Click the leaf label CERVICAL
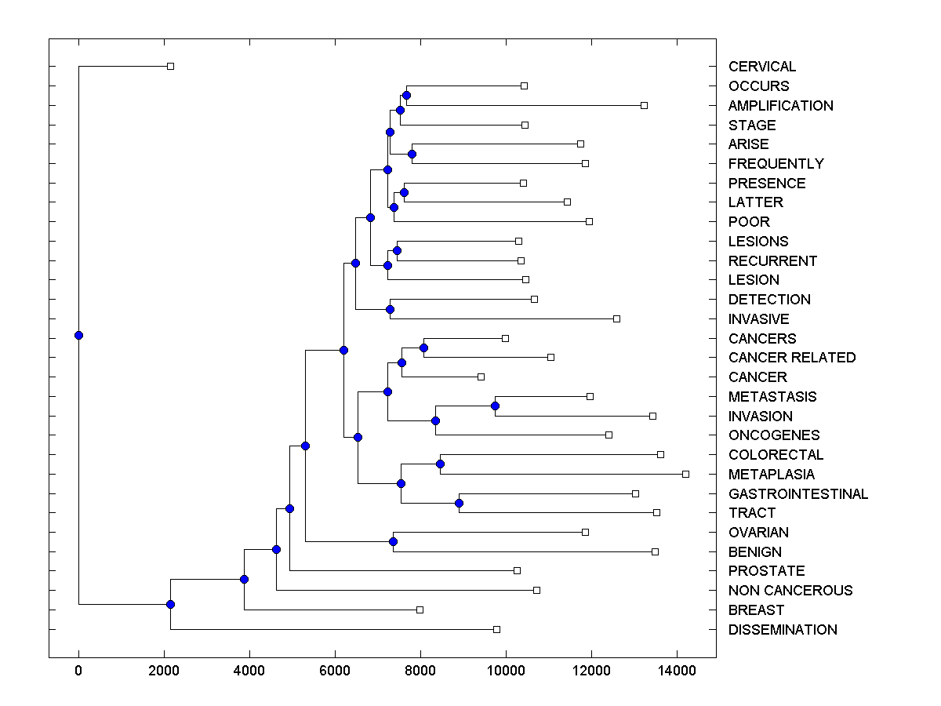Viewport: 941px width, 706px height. pyautogui.click(x=761, y=67)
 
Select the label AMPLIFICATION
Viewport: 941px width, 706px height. pyautogui.click(x=780, y=106)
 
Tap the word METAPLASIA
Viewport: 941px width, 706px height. pyautogui.click(x=771, y=475)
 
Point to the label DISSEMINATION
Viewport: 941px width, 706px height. pyautogui.click(x=783, y=630)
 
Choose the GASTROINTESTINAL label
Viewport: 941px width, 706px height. pyautogui.click(x=797, y=494)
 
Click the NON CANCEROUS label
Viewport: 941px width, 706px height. pyautogui.click(x=790, y=591)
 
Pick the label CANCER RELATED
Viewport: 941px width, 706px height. pyautogui.click(x=791, y=358)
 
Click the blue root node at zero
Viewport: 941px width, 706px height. pyautogui.click(x=78, y=335)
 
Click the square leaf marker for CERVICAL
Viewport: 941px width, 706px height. pyautogui.click(x=170, y=66)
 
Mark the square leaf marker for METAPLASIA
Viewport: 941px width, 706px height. pyautogui.click(x=685, y=474)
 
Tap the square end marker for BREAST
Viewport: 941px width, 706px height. pyautogui.click(x=420, y=610)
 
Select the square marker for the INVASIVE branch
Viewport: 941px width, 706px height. pyautogui.click(x=616, y=318)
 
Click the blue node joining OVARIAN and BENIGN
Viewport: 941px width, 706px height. pyautogui.click(x=394, y=541)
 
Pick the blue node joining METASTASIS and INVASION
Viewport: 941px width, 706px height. pyautogui.click(x=495, y=406)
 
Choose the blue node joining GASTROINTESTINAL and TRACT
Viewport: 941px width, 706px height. pyautogui.click(x=460, y=503)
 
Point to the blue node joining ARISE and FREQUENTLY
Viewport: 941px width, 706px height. pyautogui.click(x=412, y=154)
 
